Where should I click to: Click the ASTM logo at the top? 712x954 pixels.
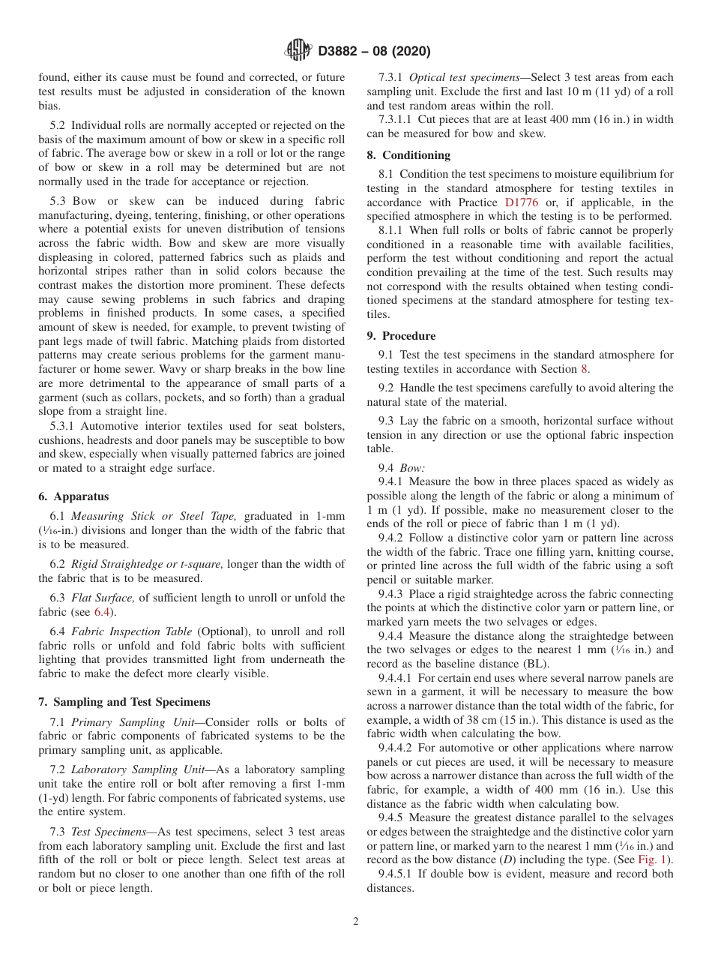click(x=298, y=51)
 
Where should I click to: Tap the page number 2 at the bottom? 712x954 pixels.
click(x=356, y=922)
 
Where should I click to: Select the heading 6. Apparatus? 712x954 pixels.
click(x=73, y=496)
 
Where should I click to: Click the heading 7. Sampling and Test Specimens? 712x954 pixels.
click(x=124, y=702)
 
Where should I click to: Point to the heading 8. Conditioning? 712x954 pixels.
click(x=408, y=155)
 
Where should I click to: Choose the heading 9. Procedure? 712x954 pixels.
click(x=401, y=336)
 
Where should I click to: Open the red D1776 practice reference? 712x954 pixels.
click(x=520, y=202)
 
